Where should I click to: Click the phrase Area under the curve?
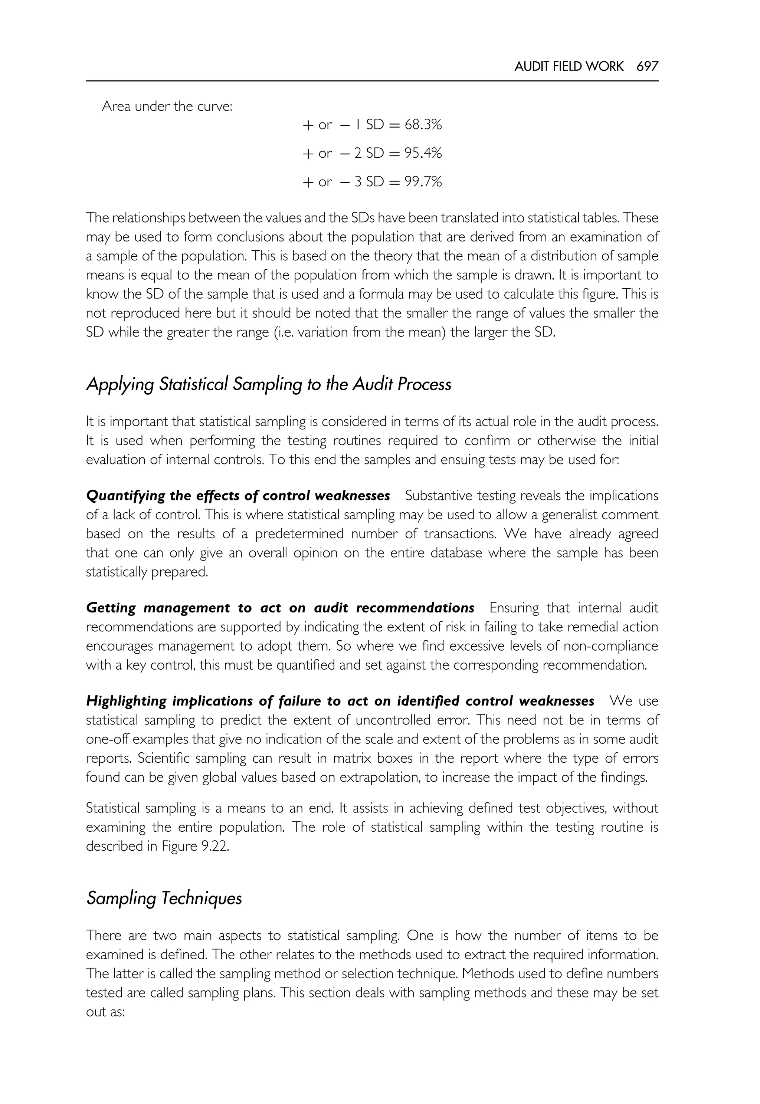click(167, 106)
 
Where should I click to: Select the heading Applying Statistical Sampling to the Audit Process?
click(269, 384)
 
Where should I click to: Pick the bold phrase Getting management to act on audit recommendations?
click(280, 608)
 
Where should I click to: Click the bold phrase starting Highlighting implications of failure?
click(340, 701)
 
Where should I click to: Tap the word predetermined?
click(299, 534)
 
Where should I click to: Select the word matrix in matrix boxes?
click(351, 758)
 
